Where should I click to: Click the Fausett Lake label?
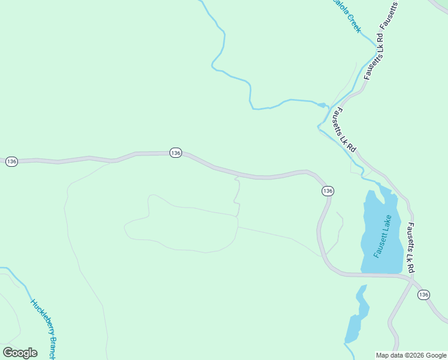pyautogui.click(x=383, y=236)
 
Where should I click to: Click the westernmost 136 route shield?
pyautogui.click(x=11, y=161)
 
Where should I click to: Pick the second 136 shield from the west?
pyautogui.click(x=175, y=153)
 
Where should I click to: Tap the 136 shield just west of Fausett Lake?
pyautogui.click(x=327, y=191)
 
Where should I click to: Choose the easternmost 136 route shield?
pyautogui.click(x=423, y=295)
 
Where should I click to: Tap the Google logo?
pyautogui.click(x=20, y=353)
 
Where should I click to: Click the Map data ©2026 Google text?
pyautogui.click(x=411, y=355)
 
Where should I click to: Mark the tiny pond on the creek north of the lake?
pyautogui.click(x=322, y=106)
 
